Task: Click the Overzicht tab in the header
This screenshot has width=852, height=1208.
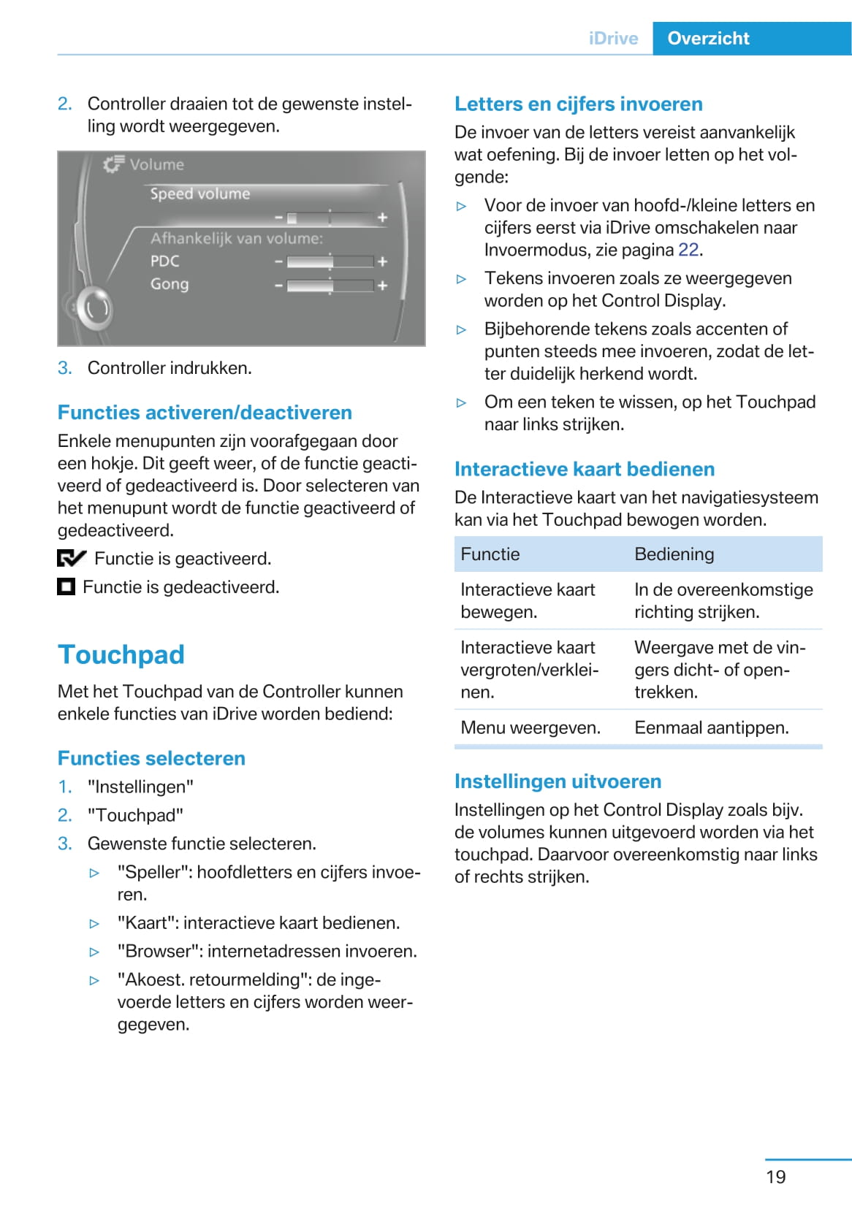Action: (708, 39)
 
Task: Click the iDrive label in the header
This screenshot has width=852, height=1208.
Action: (613, 39)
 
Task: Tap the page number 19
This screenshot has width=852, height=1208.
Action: (775, 1177)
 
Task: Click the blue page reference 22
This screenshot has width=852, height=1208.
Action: (688, 250)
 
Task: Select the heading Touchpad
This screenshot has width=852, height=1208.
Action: (121, 654)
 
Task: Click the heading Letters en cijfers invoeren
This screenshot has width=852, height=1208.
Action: (578, 104)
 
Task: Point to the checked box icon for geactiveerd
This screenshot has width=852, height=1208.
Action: (71, 559)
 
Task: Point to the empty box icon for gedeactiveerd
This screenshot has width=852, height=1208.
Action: (66, 586)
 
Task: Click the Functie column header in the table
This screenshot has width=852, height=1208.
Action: (490, 554)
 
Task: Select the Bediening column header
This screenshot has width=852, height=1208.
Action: (674, 554)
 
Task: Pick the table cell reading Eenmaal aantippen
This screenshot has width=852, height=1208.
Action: (711, 727)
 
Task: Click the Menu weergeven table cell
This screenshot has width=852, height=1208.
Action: (530, 727)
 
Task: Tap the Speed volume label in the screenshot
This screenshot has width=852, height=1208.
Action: (200, 194)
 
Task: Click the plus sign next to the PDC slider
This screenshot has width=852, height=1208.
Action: (382, 261)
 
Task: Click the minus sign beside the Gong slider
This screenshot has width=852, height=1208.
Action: (278, 286)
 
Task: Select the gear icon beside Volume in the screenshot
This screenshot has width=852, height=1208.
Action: (113, 164)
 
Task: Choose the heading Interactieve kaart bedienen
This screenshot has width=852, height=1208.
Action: (585, 469)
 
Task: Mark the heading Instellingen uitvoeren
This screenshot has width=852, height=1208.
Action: (558, 781)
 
